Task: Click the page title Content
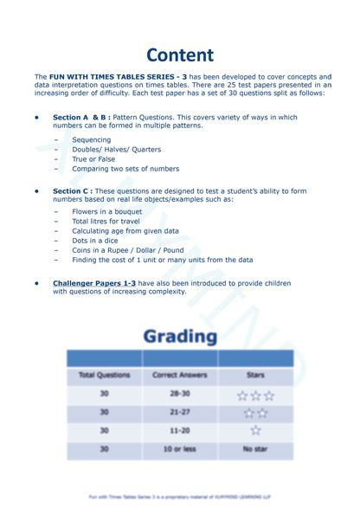click(179, 55)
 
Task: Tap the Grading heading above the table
click(179, 335)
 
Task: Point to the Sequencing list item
click(91, 139)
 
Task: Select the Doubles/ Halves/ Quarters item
click(116, 149)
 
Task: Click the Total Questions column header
click(104, 375)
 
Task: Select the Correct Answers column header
click(179, 375)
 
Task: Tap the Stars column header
click(254, 375)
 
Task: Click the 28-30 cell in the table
click(179, 395)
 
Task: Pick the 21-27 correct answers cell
click(179, 413)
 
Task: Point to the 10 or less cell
click(179, 448)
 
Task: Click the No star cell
click(254, 448)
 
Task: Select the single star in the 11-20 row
click(254, 430)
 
